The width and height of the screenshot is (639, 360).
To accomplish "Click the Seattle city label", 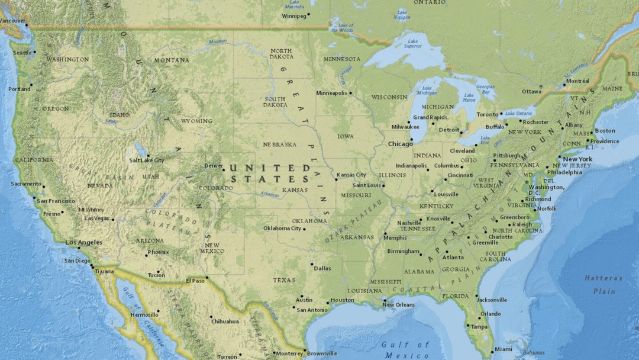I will click(x=22, y=53).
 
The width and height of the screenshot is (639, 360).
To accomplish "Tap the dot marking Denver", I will click(x=223, y=170).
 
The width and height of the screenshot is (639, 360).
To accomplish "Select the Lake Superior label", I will click(x=412, y=43).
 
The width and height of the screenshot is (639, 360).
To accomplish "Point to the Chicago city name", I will click(x=400, y=144).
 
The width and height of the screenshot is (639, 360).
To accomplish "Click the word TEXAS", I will click(x=284, y=280).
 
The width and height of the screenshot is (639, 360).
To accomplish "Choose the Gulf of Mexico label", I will click(x=406, y=350).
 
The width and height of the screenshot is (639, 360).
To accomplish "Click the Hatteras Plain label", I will click(x=604, y=284).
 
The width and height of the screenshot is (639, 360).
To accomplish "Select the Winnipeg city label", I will click(x=293, y=16).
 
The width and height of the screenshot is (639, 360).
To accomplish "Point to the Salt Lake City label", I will click(x=147, y=160).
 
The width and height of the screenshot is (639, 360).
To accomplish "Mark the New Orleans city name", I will click(x=398, y=305).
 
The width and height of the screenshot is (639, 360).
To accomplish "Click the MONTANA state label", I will click(x=172, y=60).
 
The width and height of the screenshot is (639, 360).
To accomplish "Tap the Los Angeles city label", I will click(x=83, y=242).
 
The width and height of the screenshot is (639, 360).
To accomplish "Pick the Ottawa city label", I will click(x=531, y=91).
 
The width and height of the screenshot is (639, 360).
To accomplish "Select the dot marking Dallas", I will click(x=312, y=265).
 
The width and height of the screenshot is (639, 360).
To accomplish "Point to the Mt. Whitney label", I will click(x=91, y=210).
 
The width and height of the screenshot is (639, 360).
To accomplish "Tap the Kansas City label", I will click(x=351, y=175).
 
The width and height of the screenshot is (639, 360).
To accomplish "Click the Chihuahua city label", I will click(x=225, y=322).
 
